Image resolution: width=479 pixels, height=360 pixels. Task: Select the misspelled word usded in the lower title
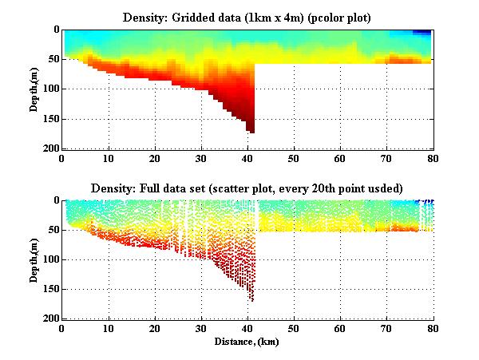point(384,188)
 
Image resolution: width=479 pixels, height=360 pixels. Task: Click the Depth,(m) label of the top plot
point(36,89)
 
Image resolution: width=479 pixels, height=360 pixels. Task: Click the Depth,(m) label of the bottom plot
point(36,260)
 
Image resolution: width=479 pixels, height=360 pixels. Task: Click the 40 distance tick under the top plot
point(247,158)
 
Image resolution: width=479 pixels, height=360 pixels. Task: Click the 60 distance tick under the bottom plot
point(340,329)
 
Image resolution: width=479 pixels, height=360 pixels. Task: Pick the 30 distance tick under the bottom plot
point(201,329)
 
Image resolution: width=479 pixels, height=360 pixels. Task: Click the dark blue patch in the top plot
point(422,32)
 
